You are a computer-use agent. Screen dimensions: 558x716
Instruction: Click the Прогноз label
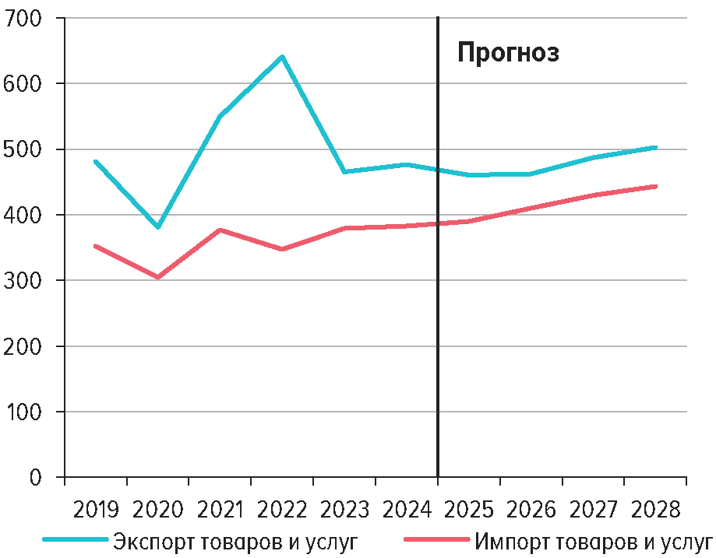508,53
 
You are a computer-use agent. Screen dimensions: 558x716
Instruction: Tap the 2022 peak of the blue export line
282,57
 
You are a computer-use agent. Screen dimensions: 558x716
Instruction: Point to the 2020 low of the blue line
158,226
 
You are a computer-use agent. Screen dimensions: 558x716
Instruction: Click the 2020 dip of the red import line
158,277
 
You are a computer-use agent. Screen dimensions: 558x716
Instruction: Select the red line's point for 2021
220,230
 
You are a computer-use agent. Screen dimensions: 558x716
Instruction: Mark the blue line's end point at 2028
654,147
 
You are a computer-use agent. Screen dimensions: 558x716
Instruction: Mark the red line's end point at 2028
654,187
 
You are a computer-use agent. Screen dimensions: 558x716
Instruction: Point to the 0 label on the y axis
35,476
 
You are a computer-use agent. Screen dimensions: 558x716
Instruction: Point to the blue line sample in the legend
75,539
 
